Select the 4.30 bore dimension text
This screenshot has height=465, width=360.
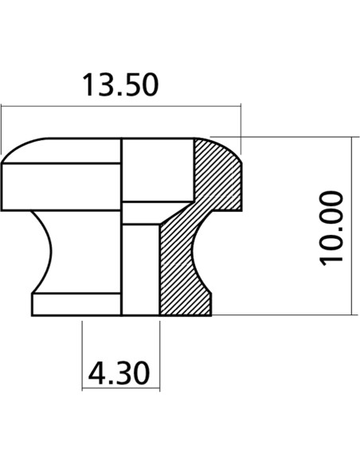tap(119, 372)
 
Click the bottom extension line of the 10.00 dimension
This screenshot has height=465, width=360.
tap(287, 315)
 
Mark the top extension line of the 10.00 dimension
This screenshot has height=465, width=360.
tap(295, 138)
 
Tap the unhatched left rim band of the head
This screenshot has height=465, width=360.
tap(61, 188)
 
